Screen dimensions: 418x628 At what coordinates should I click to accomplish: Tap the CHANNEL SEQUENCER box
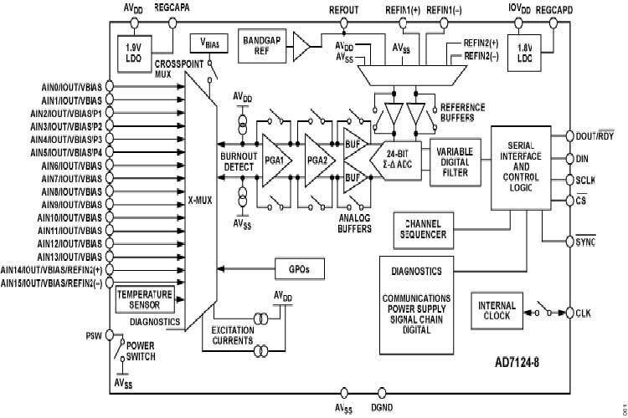pos(425,230)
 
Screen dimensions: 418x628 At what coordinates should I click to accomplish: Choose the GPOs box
pos(299,269)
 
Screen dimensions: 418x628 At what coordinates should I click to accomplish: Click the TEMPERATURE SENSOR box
pos(144,298)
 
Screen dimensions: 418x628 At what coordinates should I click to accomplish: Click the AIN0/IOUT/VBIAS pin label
pos(70,85)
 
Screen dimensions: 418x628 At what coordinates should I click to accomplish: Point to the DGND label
pos(384,408)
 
